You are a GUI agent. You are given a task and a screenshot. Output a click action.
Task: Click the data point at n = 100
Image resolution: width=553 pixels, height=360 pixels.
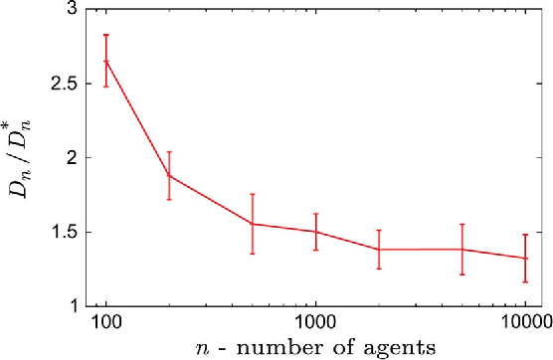point(106,62)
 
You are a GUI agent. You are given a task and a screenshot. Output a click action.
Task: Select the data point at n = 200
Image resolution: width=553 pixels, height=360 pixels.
point(169,175)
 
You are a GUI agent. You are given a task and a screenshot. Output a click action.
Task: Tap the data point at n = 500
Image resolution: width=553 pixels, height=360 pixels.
point(253,224)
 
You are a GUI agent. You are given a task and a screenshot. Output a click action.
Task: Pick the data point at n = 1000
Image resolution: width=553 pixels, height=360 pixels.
point(315,232)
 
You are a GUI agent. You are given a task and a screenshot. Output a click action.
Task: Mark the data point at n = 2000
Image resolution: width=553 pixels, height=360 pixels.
point(379,249)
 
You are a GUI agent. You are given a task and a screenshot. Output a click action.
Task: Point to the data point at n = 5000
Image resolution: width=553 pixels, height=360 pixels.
point(461,249)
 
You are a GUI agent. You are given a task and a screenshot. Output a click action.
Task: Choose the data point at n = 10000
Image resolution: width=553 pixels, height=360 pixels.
point(525,259)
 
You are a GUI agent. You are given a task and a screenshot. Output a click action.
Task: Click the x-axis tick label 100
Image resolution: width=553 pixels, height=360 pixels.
point(106,321)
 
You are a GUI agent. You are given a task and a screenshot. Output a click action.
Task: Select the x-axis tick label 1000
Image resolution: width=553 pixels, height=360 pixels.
point(315,321)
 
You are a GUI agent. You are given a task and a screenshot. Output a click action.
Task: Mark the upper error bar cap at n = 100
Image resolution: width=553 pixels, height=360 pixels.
point(106,35)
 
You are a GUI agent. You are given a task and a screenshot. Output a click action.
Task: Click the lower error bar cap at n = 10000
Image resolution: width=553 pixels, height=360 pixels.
point(525,282)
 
